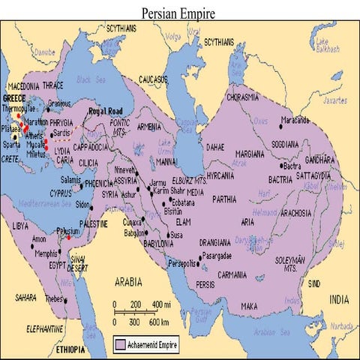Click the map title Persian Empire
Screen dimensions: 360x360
tap(179, 13)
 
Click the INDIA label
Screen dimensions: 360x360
tap(338, 299)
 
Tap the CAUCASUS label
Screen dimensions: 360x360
tap(154, 98)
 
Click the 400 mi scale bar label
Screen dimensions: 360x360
tap(162, 304)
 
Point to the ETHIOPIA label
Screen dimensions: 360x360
tap(69, 350)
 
